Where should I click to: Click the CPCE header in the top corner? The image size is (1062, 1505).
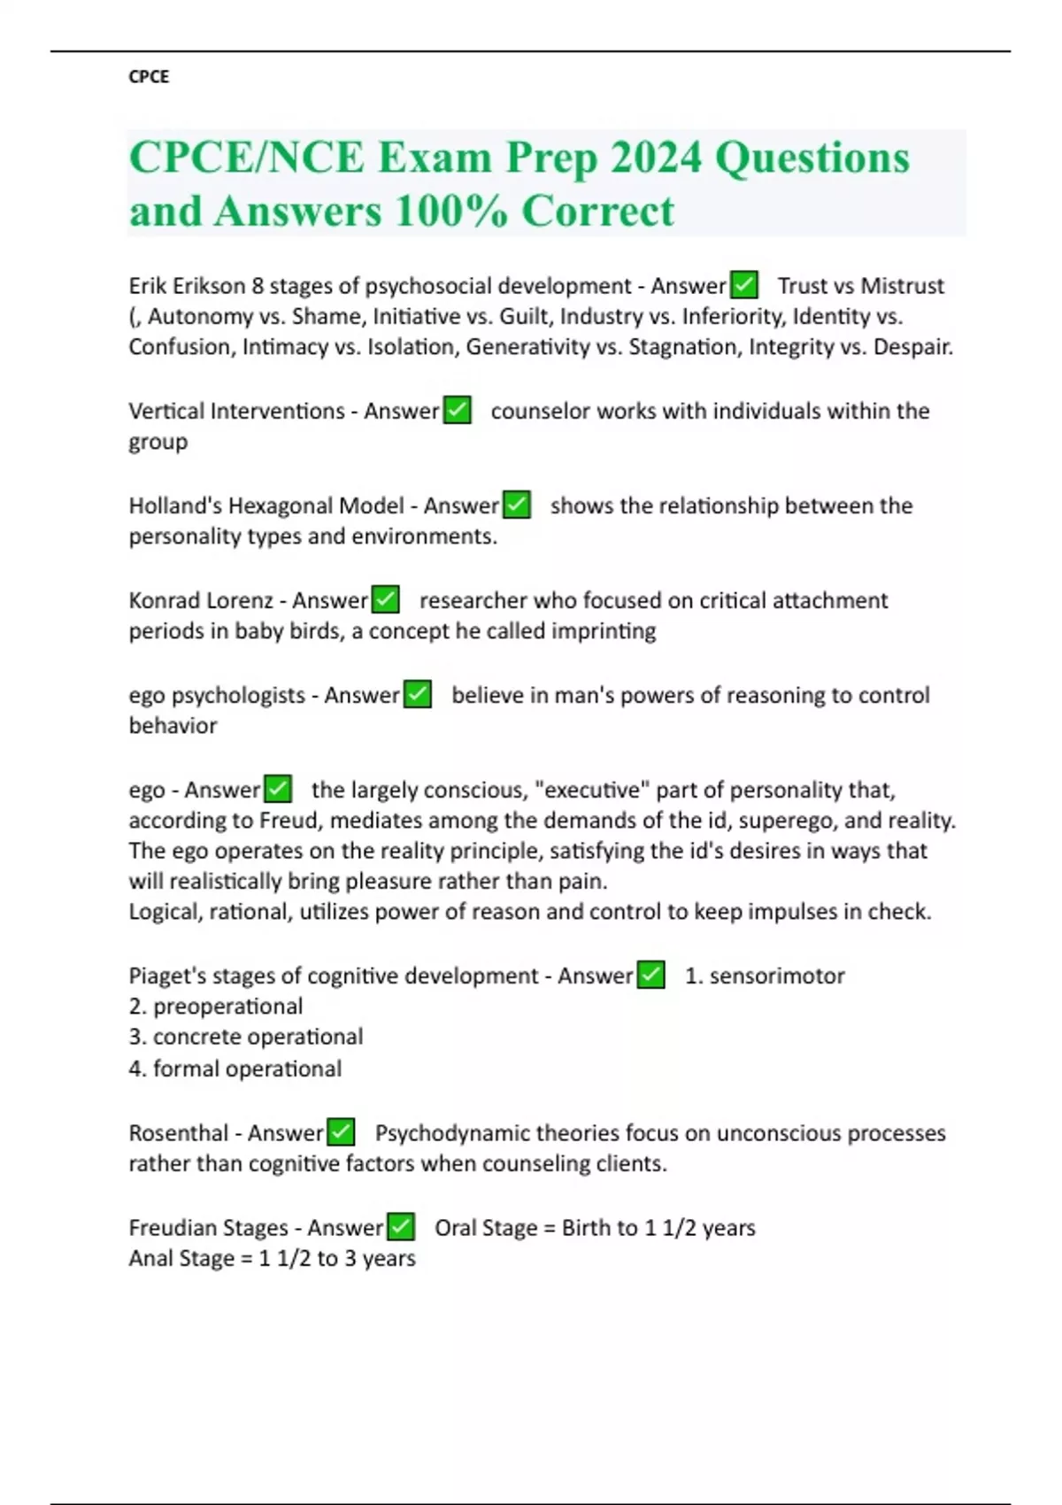149,77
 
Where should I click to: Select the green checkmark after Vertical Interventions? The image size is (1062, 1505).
457,411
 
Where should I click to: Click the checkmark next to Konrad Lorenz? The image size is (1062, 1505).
385,600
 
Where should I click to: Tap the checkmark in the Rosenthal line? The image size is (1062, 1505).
341,1132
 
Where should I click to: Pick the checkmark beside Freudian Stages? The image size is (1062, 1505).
401,1227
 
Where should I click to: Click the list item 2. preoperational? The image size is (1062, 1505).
216,1007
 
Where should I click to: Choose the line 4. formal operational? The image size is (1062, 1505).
235,1069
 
